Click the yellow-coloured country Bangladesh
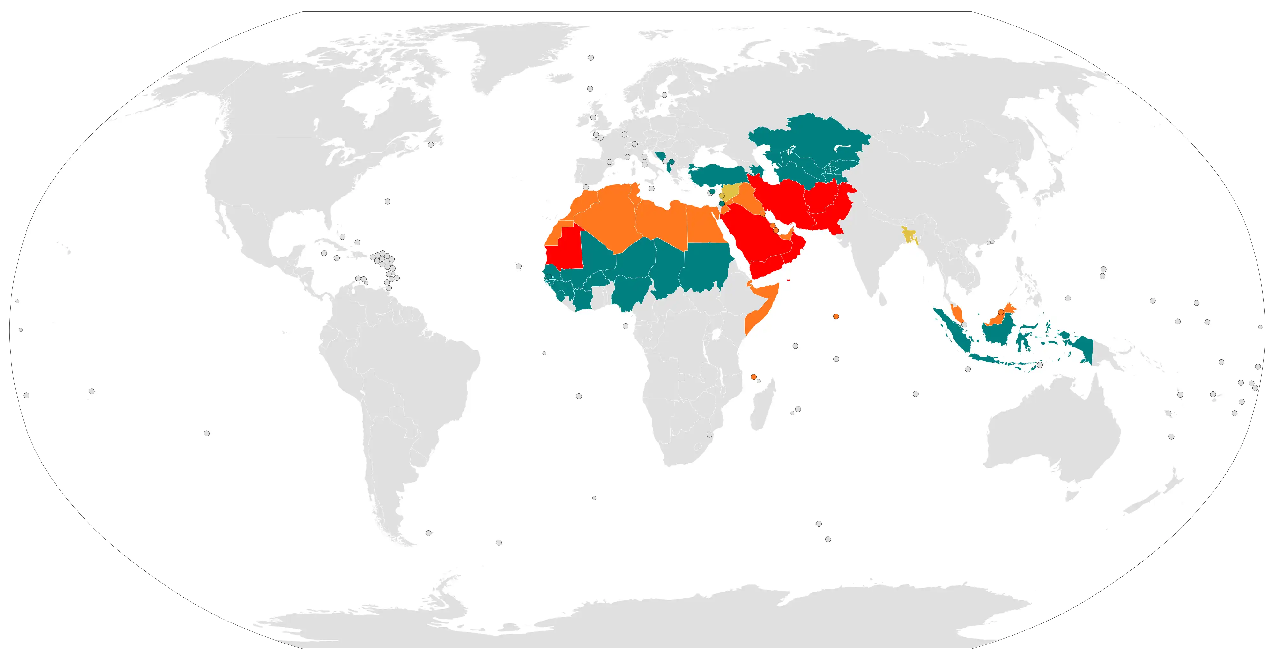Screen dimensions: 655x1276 point(909,234)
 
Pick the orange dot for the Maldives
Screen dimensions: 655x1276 point(836,316)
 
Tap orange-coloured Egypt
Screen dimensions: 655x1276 point(703,226)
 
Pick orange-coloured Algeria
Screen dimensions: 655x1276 point(614,218)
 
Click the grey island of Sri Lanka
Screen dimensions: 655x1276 point(882,298)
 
